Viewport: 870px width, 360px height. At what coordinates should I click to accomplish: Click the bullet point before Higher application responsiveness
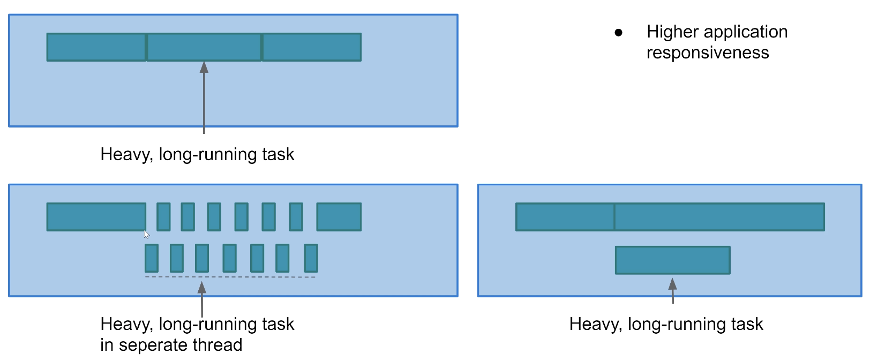(x=619, y=33)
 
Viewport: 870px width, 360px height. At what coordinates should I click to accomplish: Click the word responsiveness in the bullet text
(x=707, y=53)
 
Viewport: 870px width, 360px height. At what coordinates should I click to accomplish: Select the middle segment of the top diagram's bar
(x=204, y=47)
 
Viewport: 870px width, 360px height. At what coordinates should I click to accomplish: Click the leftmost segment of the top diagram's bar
(x=96, y=47)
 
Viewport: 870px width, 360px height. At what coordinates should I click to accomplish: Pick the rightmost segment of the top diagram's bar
(x=311, y=47)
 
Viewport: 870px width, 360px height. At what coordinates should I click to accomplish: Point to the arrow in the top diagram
(x=204, y=96)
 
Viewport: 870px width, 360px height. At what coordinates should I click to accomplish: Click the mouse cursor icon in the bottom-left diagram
(x=146, y=234)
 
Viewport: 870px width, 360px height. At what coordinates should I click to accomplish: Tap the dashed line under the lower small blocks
(x=230, y=277)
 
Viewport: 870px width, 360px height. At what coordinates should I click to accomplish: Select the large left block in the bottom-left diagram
(x=96, y=217)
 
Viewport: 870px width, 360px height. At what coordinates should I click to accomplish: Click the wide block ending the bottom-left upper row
(x=339, y=217)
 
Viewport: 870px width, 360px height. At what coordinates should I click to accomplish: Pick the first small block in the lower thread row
(x=152, y=258)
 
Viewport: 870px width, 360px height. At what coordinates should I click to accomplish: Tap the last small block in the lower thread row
(x=311, y=258)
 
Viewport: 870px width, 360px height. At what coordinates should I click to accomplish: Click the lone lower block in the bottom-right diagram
(x=672, y=260)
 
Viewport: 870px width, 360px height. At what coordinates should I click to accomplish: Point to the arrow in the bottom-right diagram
(x=673, y=290)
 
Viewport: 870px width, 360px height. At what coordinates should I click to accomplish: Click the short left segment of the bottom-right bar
(x=565, y=217)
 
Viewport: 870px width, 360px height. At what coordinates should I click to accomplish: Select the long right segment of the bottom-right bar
(x=719, y=217)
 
